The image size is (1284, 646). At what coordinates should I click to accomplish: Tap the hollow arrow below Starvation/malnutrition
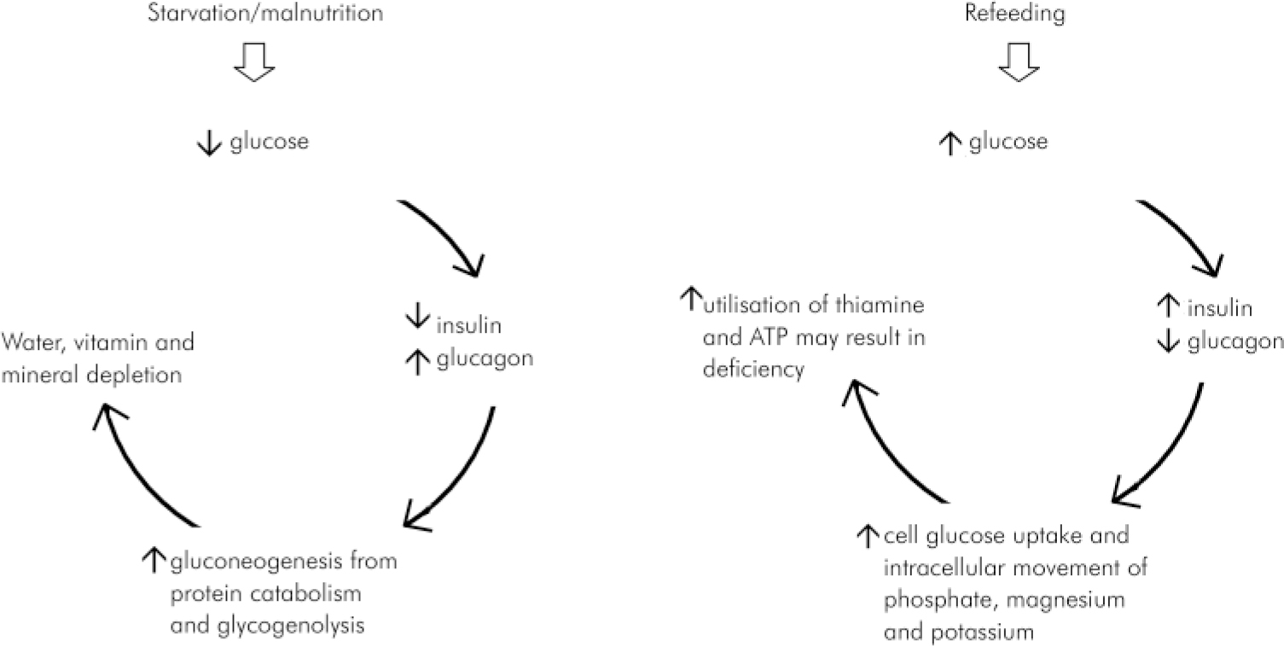(x=255, y=61)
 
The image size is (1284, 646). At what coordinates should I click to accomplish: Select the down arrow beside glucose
(x=208, y=143)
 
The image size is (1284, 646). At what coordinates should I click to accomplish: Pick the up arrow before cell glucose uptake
(x=866, y=535)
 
